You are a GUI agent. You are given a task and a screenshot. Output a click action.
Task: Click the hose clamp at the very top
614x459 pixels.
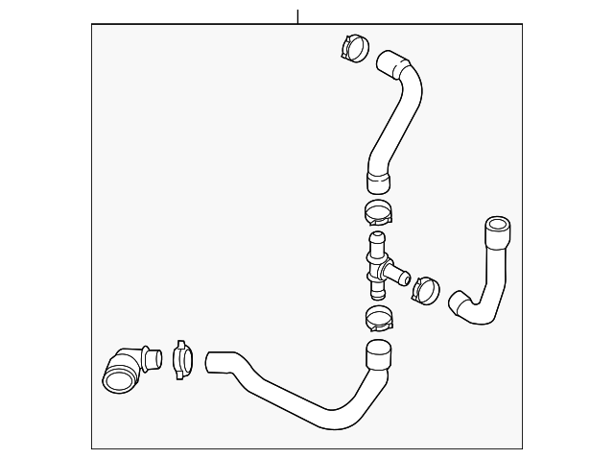click(354, 45)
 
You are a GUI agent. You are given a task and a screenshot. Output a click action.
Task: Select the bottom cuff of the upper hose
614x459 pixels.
click(377, 181)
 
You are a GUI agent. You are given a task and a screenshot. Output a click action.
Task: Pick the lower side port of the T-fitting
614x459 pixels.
click(396, 278)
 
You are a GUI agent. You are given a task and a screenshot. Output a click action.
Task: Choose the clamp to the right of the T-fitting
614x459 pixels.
click(424, 287)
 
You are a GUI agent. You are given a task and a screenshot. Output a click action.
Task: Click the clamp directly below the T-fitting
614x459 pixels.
click(378, 317)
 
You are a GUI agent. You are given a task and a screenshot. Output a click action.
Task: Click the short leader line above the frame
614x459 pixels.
click(297, 16)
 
